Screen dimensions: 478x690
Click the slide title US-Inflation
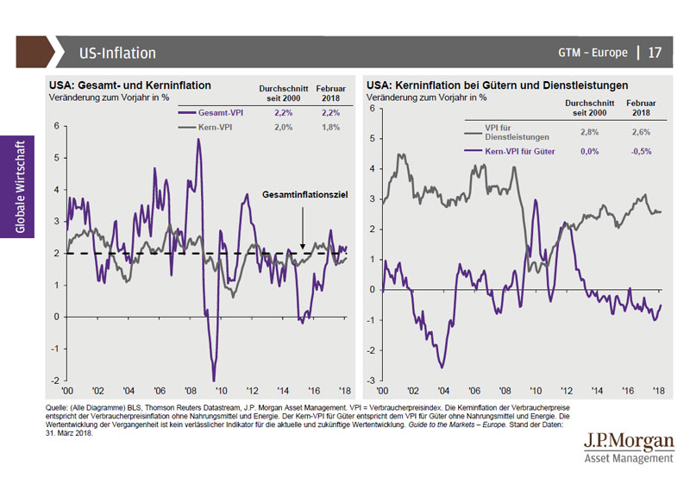[116, 53]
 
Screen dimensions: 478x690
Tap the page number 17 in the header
[655, 53]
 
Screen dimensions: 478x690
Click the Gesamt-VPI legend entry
[215, 113]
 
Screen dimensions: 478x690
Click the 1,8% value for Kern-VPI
[330, 127]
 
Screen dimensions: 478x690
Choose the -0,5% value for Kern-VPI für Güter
[639, 151]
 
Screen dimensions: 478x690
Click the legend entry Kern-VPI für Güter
[520, 151]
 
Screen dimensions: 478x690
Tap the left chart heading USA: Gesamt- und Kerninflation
[130, 86]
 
